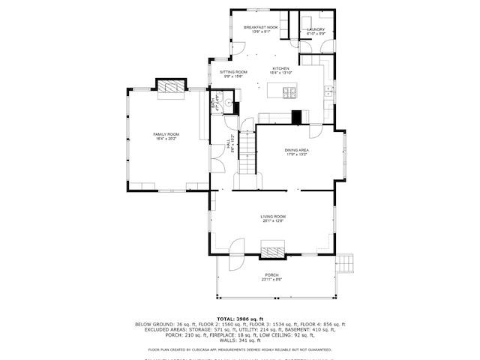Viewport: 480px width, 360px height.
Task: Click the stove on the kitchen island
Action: click(x=289, y=92)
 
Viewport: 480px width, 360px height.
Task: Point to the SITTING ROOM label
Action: click(x=233, y=73)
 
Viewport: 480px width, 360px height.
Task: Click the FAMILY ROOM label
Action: click(x=166, y=136)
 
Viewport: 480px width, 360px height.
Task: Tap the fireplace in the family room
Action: click(x=170, y=88)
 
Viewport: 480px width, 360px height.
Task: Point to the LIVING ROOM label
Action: click(x=274, y=217)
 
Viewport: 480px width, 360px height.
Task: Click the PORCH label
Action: click(x=271, y=277)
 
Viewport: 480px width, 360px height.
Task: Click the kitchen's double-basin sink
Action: click(x=328, y=91)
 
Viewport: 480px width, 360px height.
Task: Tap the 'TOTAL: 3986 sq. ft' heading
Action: click(x=240, y=319)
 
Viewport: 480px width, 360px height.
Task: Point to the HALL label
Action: click(x=229, y=146)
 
